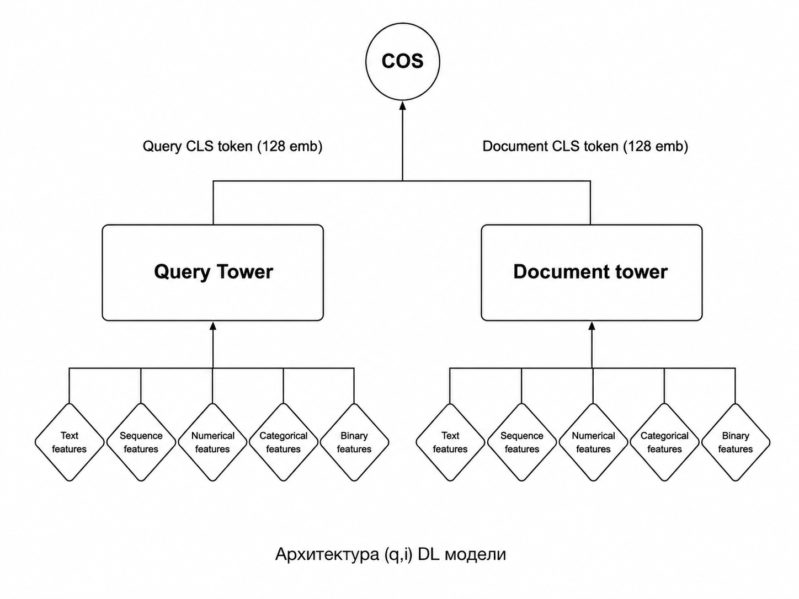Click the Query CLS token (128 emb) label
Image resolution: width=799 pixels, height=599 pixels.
tap(233, 146)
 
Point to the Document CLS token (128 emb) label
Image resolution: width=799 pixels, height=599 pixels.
tap(585, 146)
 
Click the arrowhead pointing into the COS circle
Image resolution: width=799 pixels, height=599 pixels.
tap(403, 106)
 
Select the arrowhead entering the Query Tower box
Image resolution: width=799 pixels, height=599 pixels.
tap(213, 326)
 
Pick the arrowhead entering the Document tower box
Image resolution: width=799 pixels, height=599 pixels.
tap(592, 326)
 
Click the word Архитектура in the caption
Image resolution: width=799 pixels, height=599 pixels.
tap(327, 555)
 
